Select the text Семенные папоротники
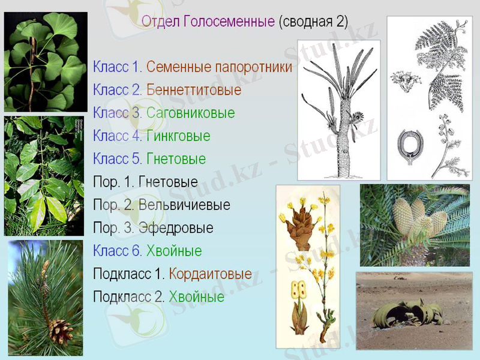[x=219, y=67]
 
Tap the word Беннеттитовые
[x=194, y=90]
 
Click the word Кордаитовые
[x=210, y=274]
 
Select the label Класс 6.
[x=118, y=251]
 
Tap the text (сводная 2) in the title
[x=313, y=22]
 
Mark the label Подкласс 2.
[x=129, y=297]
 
